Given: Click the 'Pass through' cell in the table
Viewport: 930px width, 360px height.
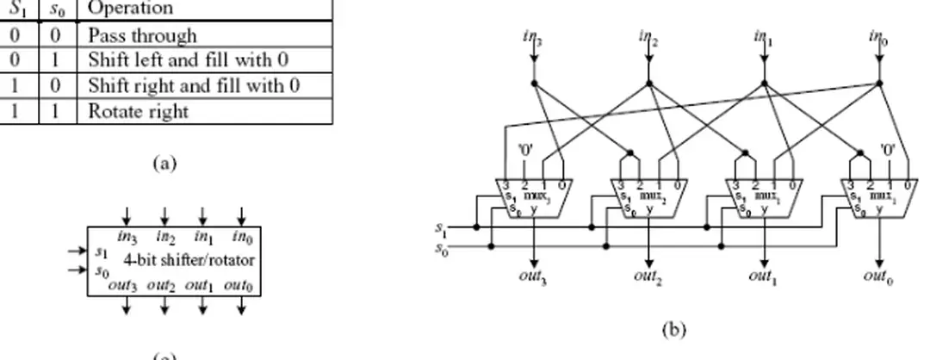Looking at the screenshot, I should pyautogui.click(x=141, y=35).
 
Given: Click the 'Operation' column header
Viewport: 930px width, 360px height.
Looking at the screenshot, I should pyautogui.click(x=130, y=9).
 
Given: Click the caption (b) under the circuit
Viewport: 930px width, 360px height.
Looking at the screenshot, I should pyautogui.click(x=673, y=328).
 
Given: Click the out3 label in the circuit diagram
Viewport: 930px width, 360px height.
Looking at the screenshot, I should pyautogui.click(x=535, y=276).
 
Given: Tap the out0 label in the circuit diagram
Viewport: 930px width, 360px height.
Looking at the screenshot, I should pyautogui.click(x=879, y=276).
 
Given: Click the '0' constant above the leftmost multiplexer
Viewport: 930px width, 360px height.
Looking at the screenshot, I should pyautogui.click(x=524, y=148).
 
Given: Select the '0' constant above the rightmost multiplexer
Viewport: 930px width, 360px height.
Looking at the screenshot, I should pyautogui.click(x=888, y=148).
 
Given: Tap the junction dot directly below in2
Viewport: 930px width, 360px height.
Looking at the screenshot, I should pyautogui.click(x=649, y=84).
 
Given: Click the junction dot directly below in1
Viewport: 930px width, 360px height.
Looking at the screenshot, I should pyautogui.click(x=764, y=84).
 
